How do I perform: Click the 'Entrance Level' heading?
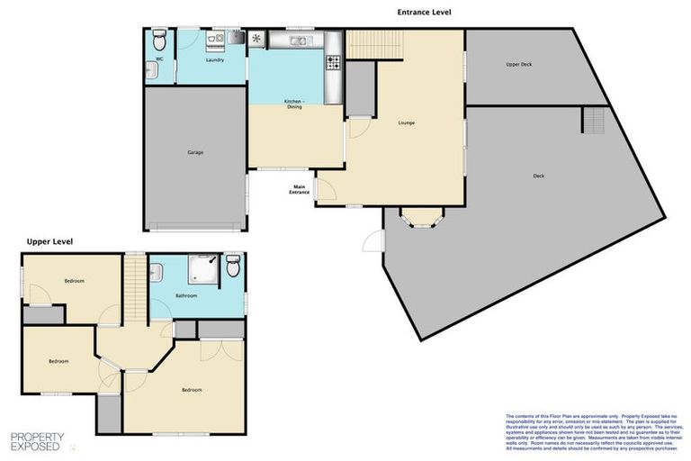point(424,13)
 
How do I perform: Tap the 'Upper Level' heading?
point(49,241)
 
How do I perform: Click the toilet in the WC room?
point(159,41)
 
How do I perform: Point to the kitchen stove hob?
point(332,62)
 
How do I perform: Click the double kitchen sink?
point(298,41)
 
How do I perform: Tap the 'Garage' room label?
point(195,152)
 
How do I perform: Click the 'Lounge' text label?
point(406,122)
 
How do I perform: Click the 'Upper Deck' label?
point(520,65)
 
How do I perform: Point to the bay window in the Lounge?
point(419,218)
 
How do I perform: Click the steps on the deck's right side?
point(594,119)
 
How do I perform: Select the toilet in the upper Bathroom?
point(233,266)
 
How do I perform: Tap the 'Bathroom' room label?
point(187,295)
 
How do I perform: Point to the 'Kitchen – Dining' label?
point(294,104)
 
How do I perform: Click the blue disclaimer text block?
point(593,433)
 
